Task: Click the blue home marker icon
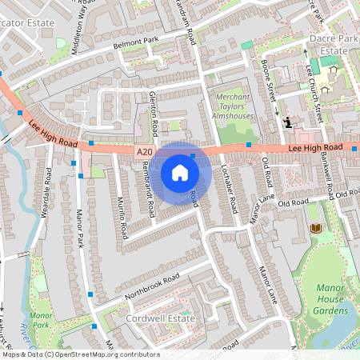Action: tap(180, 173)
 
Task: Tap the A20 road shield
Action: tap(143, 151)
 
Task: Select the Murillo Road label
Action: tap(122, 218)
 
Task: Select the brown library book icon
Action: tap(315, 229)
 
